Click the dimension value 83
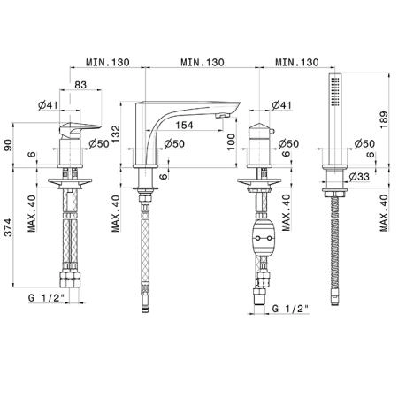(x=80, y=85)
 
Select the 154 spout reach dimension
(x=184, y=125)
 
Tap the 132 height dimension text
(x=117, y=134)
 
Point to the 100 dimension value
(x=231, y=142)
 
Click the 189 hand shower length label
(x=384, y=119)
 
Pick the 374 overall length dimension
(x=9, y=227)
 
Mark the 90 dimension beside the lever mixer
(x=9, y=145)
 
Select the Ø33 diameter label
(x=359, y=177)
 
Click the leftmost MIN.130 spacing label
(x=108, y=62)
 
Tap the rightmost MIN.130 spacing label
(x=297, y=62)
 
